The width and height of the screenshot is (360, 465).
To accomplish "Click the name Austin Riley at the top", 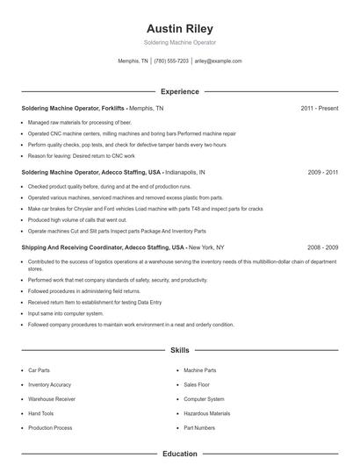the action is coord(180,28).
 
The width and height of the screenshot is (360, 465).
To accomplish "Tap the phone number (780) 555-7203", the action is coord(171,61).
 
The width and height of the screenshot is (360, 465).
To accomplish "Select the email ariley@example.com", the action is coord(218,61).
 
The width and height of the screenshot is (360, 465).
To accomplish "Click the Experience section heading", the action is coord(180,91).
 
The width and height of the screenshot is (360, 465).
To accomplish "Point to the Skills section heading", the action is coord(180,350).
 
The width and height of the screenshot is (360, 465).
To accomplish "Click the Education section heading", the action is coord(180,454).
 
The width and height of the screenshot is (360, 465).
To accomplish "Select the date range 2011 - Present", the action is coord(319,108).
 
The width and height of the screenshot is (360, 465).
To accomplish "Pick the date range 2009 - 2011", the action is coord(322,173).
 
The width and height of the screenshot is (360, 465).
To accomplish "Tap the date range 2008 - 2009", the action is coord(322,248).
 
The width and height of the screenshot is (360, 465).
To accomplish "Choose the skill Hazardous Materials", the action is coord(207,413).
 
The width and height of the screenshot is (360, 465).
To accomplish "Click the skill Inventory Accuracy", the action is coord(50,385).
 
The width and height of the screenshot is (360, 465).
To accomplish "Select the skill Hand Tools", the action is coord(41,413).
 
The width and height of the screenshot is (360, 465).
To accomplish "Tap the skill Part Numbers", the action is coord(199,427).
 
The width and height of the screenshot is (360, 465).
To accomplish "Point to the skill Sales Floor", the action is coord(197,385).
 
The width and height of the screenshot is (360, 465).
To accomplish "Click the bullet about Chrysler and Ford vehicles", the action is coord(145,210).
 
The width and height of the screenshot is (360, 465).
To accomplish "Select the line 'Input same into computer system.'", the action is coord(66,313).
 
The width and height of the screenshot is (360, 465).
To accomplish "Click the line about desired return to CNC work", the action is coord(77,155).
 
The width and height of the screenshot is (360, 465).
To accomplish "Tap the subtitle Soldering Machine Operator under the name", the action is coord(180,42).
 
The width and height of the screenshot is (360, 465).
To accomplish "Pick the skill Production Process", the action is coord(50,427).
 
